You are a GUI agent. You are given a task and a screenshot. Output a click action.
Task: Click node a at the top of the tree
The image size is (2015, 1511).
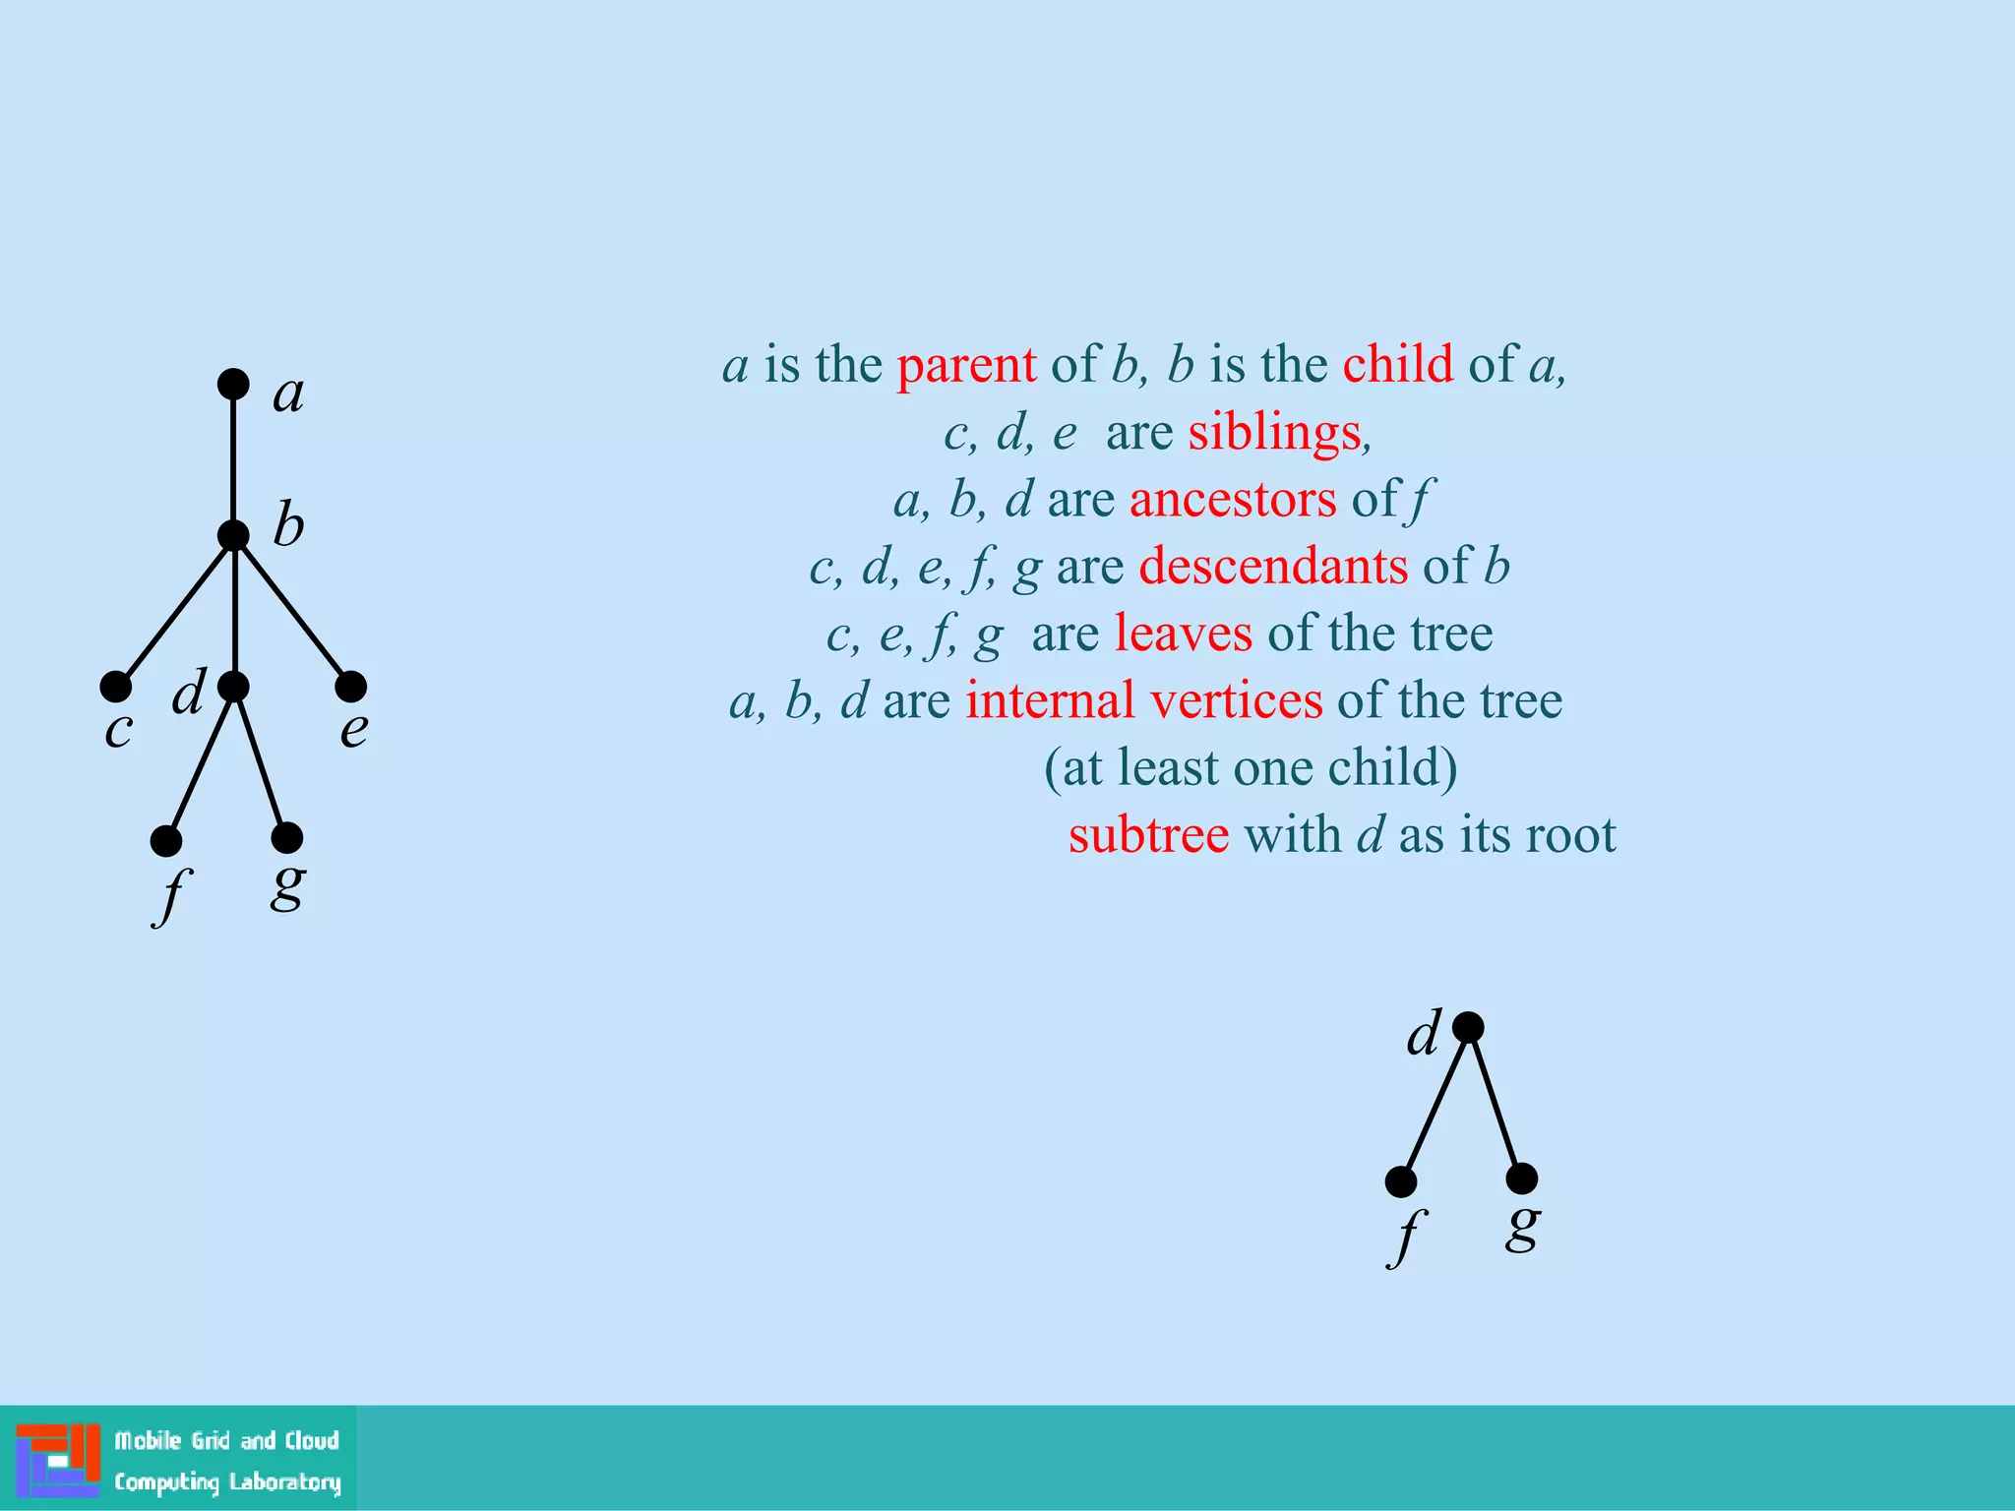tap(233, 384)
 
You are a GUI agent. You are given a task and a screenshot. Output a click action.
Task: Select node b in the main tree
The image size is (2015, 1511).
tap(233, 536)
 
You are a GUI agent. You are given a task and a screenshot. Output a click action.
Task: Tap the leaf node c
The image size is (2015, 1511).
tap(115, 686)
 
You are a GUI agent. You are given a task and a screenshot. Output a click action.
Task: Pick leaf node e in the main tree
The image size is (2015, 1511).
tap(351, 686)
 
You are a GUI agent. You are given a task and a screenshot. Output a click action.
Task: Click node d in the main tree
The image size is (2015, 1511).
tap(233, 686)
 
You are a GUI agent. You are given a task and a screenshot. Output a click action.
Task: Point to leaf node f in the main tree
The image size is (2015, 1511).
tap(166, 841)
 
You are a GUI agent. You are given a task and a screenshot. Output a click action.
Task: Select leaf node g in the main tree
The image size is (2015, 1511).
tap(286, 838)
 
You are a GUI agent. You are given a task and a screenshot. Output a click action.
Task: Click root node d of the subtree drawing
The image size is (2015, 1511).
tap(1468, 1027)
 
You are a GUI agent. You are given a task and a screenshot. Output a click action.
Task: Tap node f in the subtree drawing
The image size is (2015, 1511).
tap(1401, 1181)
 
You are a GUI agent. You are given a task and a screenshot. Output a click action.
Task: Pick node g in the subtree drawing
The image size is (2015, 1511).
tap(1522, 1178)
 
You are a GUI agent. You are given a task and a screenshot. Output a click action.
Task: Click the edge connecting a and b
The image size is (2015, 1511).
tap(233, 460)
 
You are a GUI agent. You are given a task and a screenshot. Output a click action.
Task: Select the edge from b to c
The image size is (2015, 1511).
tap(174, 611)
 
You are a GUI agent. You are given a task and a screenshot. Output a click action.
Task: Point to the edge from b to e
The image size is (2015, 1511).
tap(292, 611)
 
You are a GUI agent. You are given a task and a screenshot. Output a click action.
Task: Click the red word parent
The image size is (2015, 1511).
tap(966, 365)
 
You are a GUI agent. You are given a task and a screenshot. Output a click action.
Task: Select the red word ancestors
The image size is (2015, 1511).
tap(1233, 499)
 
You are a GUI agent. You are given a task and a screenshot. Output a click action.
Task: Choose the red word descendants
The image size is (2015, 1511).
tap(1273, 566)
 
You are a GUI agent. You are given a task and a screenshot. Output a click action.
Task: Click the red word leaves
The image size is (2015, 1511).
tap(1183, 634)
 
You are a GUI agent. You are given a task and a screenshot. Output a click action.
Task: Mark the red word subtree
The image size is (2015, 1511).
tap(1148, 835)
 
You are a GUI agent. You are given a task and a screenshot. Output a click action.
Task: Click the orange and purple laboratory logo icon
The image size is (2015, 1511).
tap(58, 1460)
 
